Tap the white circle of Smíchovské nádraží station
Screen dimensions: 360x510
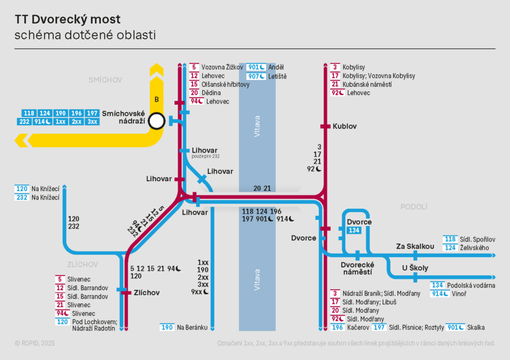tap(157, 121)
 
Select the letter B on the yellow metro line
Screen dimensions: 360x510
tap(157, 99)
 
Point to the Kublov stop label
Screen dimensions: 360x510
tap(344, 126)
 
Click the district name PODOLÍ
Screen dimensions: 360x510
tap(414, 207)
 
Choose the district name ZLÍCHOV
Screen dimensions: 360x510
tap(83, 265)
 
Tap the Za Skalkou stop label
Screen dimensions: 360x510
tap(415, 246)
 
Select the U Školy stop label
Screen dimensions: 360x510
tap(415, 268)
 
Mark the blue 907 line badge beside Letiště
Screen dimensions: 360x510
tap(256, 76)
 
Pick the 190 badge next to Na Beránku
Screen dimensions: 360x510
tap(167, 328)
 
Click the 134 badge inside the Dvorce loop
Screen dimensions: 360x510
tap(354, 230)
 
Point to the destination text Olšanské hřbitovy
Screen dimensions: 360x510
tap(225, 85)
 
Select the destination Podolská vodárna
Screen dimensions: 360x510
tap(471, 285)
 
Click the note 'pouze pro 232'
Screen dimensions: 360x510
tap(205, 157)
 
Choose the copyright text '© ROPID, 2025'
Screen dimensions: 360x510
tap(35, 343)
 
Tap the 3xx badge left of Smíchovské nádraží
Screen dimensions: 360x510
tap(92, 122)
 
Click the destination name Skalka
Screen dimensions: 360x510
tap(476, 328)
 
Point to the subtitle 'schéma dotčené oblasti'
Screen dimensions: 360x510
tap(85, 35)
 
